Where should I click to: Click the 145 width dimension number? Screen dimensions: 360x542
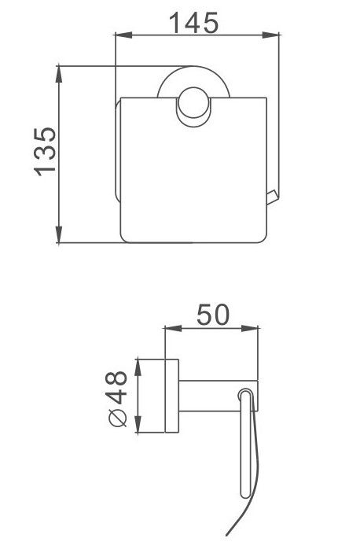click(194, 23)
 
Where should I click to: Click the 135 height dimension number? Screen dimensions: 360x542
click(45, 152)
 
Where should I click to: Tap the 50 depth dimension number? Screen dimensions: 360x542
click(213, 314)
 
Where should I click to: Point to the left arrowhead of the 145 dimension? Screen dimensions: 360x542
click(123, 35)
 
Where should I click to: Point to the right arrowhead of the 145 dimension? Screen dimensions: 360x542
click(270, 35)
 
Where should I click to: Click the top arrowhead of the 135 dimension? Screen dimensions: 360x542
click(59, 74)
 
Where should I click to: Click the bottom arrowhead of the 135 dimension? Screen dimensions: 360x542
click(59, 234)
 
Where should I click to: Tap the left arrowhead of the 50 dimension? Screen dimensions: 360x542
click(174, 328)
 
